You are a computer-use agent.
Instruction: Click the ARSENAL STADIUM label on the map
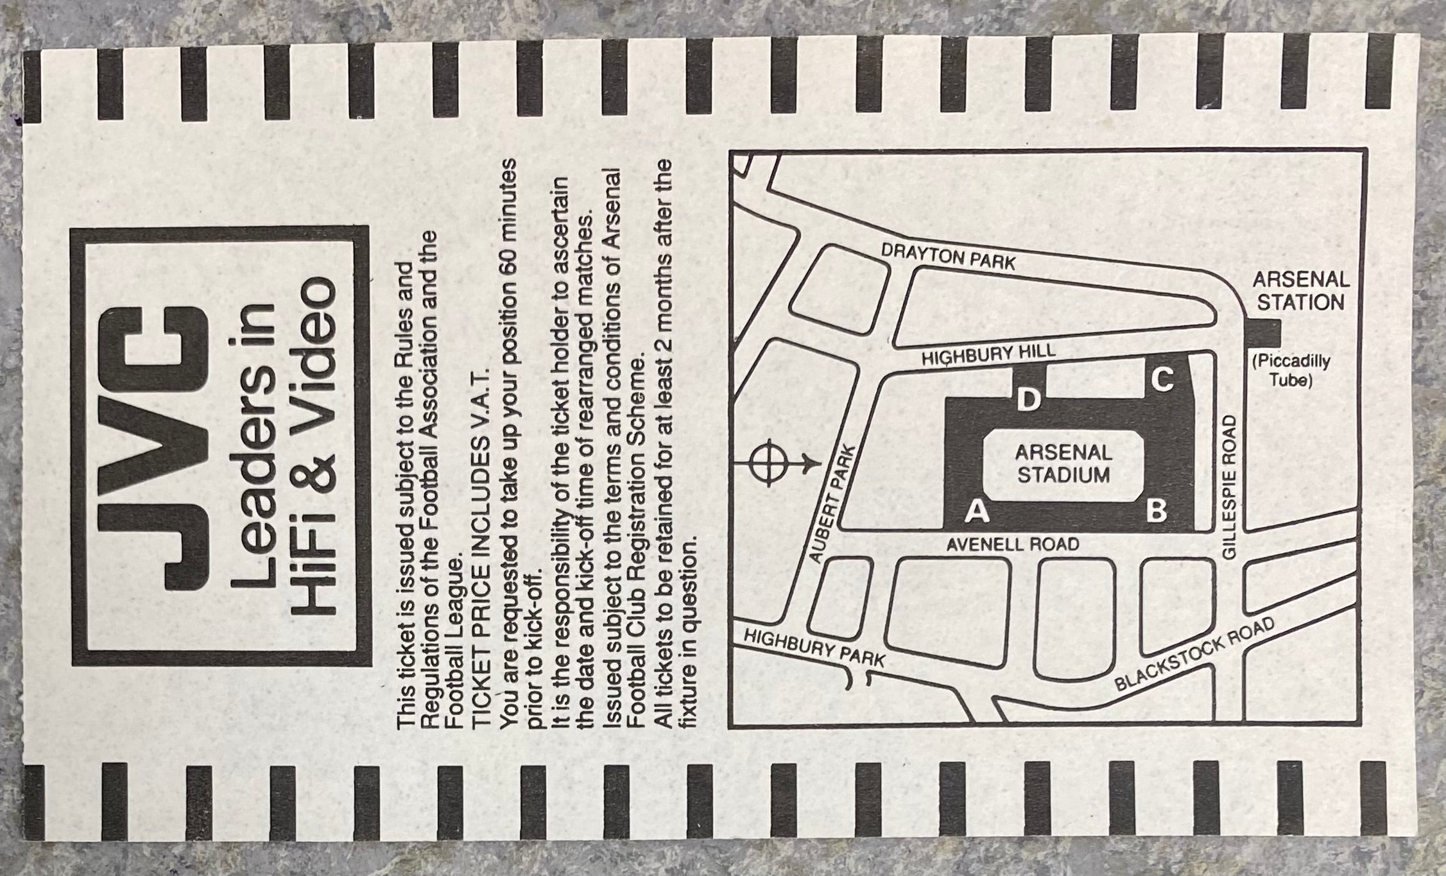click(x=1063, y=463)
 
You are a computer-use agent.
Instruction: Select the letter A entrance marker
click(x=977, y=511)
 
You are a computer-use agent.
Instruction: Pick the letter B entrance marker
click(x=1156, y=511)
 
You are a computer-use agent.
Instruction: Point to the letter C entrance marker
click(x=1162, y=380)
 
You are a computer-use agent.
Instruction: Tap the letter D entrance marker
click(x=1028, y=400)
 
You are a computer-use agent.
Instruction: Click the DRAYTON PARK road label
click(x=948, y=257)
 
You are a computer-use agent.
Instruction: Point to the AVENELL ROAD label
click(x=1013, y=545)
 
